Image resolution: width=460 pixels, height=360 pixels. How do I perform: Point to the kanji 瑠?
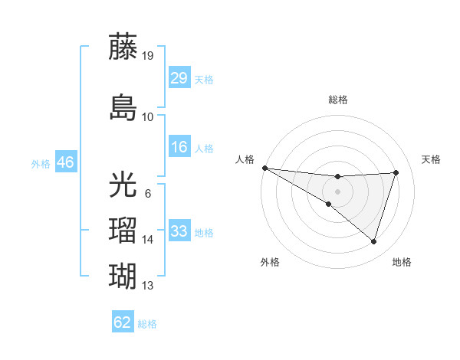pyautogui.click(x=123, y=229)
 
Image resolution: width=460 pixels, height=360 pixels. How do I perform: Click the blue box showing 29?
pyautogui.click(x=179, y=78)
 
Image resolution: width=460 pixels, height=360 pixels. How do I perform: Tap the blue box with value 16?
pyautogui.click(x=179, y=147)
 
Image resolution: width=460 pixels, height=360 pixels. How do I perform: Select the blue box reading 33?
pyautogui.click(x=179, y=231)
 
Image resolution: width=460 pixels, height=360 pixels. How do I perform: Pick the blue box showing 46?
pyautogui.click(x=65, y=162)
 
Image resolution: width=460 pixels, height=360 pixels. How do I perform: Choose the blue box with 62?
pyautogui.click(x=123, y=322)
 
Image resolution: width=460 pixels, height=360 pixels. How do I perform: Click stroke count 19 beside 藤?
pyautogui.click(x=148, y=56)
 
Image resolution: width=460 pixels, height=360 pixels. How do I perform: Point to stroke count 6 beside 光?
pyautogui.click(x=147, y=194)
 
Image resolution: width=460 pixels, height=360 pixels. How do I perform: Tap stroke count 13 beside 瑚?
pyautogui.click(x=148, y=286)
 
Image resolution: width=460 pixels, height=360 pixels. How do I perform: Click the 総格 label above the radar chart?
pyautogui.click(x=338, y=100)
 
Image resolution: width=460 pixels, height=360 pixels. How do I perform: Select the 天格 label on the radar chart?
pyautogui.click(x=431, y=159)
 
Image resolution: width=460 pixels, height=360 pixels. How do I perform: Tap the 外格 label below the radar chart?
pyautogui.click(x=270, y=262)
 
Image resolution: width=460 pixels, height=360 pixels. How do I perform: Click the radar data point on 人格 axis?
pyautogui.click(x=264, y=168)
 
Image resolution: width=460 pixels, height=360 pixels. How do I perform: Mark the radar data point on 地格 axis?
pyautogui.click(x=373, y=241)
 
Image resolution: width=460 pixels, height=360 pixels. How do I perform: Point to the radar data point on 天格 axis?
pyautogui.click(x=396, y=172)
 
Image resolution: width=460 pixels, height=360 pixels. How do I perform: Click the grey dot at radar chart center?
pyautogui.click(x=338, y=191)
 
